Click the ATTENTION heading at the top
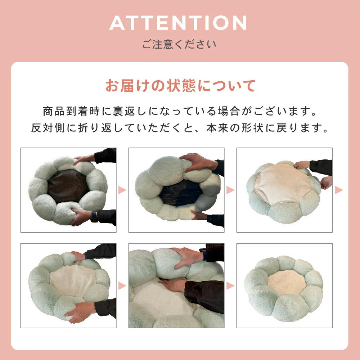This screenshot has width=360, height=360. click(x=178, y=23)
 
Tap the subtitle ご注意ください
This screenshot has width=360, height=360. click(x=179, y=44)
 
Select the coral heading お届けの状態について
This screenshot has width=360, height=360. click(x=180, y=86)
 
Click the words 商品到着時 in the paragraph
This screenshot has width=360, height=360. click(x=71, y=111)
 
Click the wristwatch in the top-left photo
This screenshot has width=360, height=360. click(x=94, y=217)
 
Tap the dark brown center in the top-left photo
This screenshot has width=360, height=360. click(x=68, y=186)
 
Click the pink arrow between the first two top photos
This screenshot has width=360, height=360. click(x=122, y=190)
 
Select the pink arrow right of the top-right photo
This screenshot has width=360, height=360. click(x=339, y=190)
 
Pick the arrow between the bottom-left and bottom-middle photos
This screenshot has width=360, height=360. click(x=122, y=286)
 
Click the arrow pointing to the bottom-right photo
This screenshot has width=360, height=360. click(x=230, y=286)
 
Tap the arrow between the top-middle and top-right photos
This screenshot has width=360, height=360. click(x=230, y=190)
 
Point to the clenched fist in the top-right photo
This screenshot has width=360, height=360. click(x=327, y=183)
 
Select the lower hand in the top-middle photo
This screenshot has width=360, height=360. click(x=199, y=216)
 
